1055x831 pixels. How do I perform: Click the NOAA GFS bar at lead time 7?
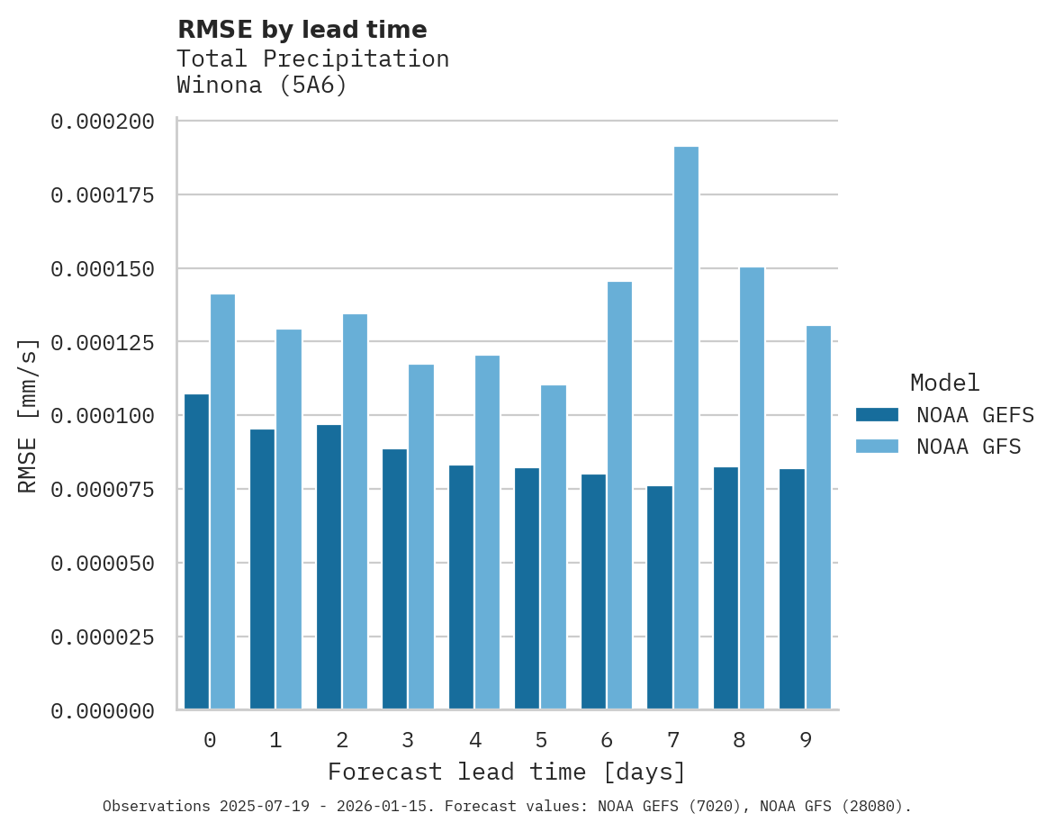point(686,428)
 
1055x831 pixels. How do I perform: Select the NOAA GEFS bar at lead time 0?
point(196,552)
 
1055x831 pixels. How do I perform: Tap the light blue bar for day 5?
point(554,547)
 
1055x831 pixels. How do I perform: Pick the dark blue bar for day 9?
point(792,589)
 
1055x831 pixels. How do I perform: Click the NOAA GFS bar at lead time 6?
point(619,495)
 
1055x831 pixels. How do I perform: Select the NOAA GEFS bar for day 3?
point(394,579)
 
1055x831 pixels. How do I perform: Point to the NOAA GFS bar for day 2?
point(355,511)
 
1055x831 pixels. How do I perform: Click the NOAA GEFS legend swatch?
point(877,415)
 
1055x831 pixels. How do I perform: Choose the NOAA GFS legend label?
point(969,447)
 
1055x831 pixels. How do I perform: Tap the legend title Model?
point(944,383)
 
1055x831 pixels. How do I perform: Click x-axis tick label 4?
point(474,740)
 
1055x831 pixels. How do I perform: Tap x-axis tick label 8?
point(739,740)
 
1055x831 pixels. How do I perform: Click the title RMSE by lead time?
point(302,30)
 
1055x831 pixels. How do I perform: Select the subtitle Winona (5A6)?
point(261,86)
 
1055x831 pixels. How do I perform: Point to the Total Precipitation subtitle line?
point(312,59)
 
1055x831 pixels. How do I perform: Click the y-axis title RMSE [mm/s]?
point(28,416)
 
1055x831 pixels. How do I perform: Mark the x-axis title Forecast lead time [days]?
point(507,772)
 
